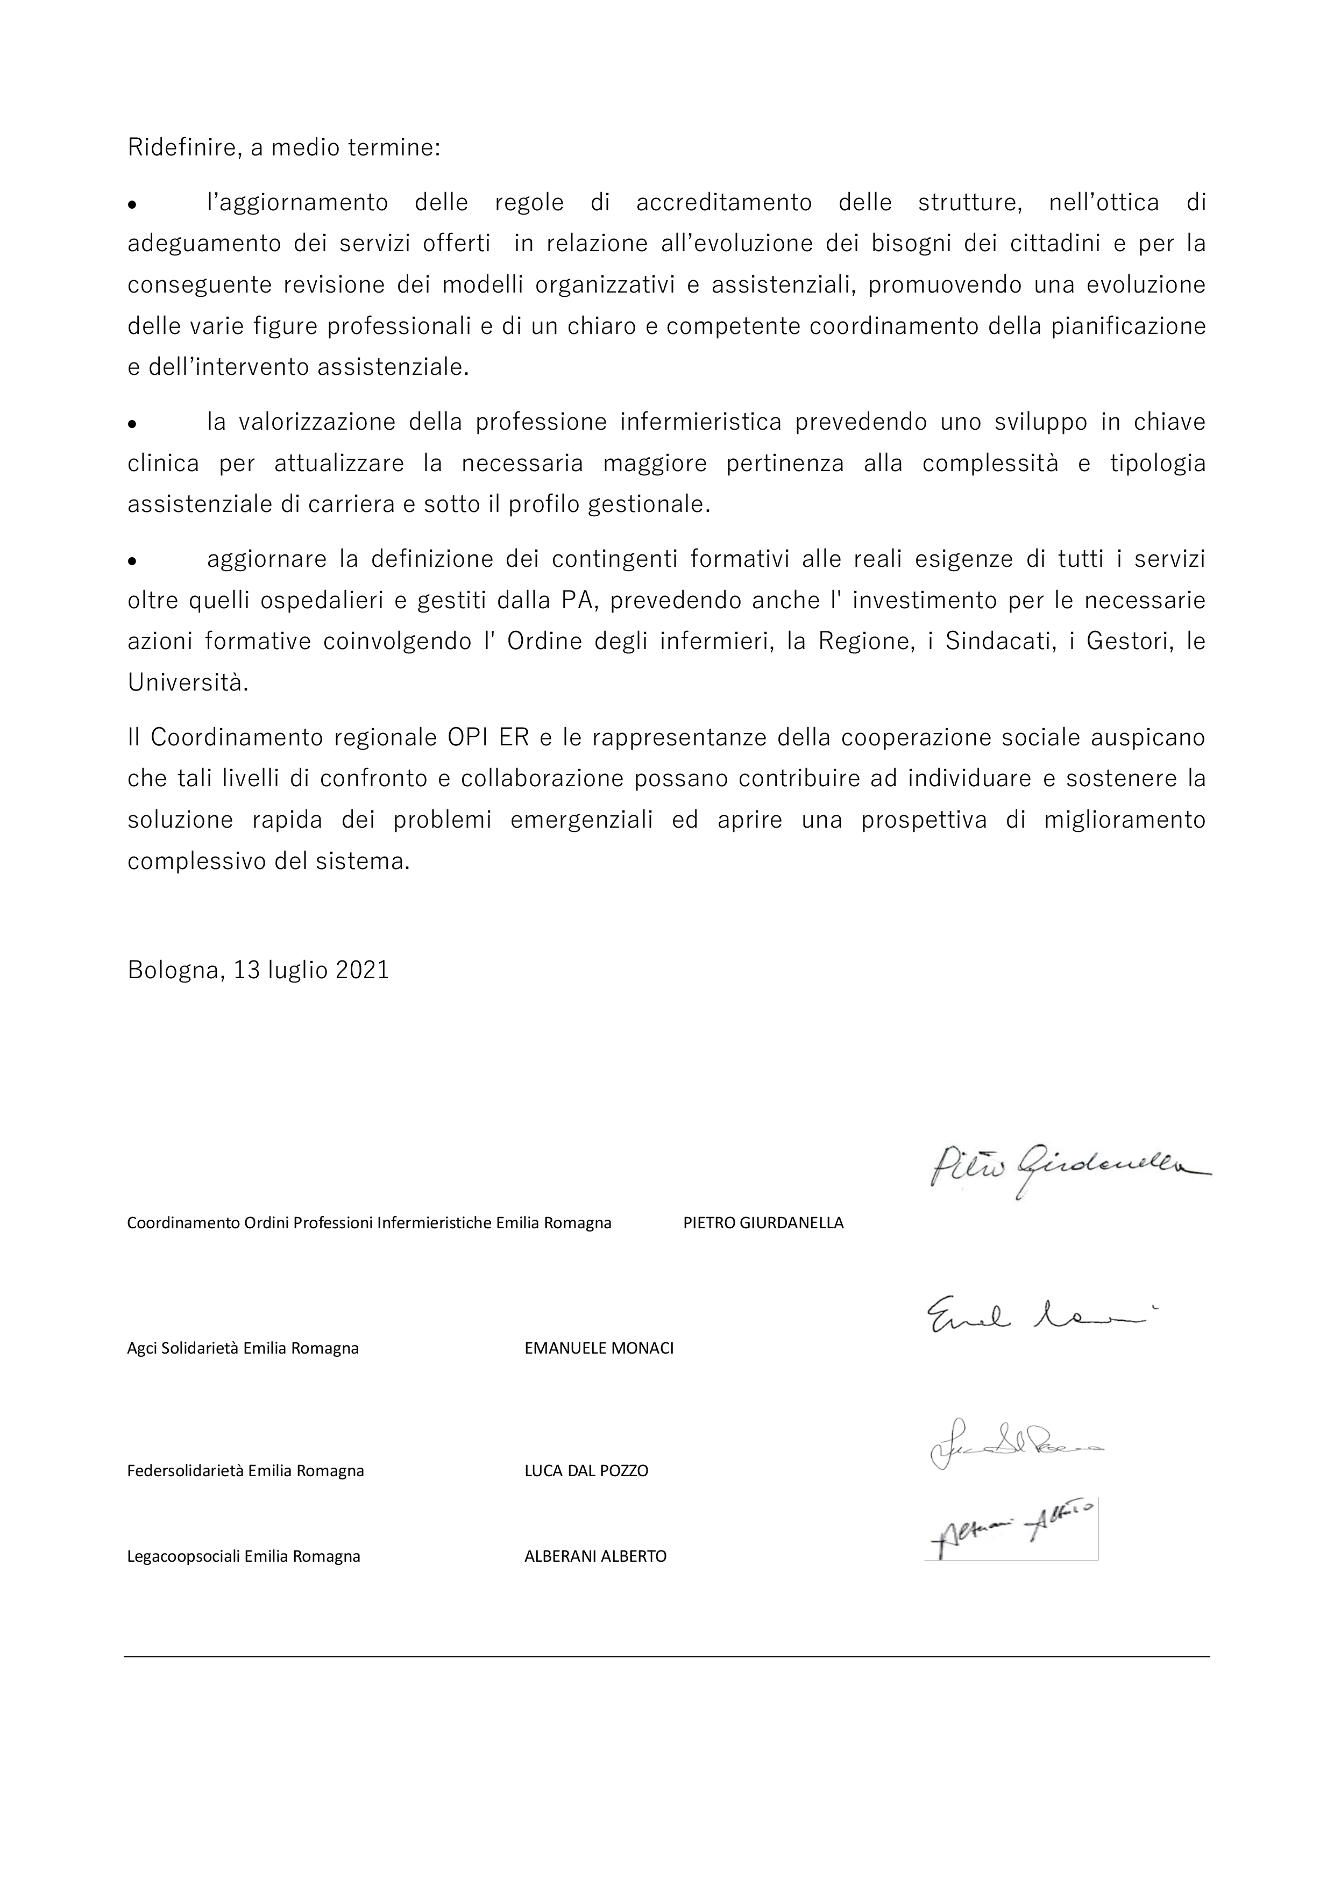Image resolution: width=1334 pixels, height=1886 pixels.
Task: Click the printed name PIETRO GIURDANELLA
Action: coord(763,1222)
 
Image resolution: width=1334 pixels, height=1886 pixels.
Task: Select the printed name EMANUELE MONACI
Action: coord(599,1348)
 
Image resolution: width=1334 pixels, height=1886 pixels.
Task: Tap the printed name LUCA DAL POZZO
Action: coord(586,1470)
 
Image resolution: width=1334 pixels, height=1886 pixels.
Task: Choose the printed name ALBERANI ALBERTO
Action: coord(595,1556)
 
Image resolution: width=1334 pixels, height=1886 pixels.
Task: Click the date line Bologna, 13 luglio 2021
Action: coord(258,970)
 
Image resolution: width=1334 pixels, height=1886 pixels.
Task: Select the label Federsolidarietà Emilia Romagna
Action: coord(246,1470)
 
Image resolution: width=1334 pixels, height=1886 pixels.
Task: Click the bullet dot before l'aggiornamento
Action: coord(131,204)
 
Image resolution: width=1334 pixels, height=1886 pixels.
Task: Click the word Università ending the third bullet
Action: coord(187,682)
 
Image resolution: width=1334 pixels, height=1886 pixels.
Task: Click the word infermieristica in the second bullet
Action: coord(701,422)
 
